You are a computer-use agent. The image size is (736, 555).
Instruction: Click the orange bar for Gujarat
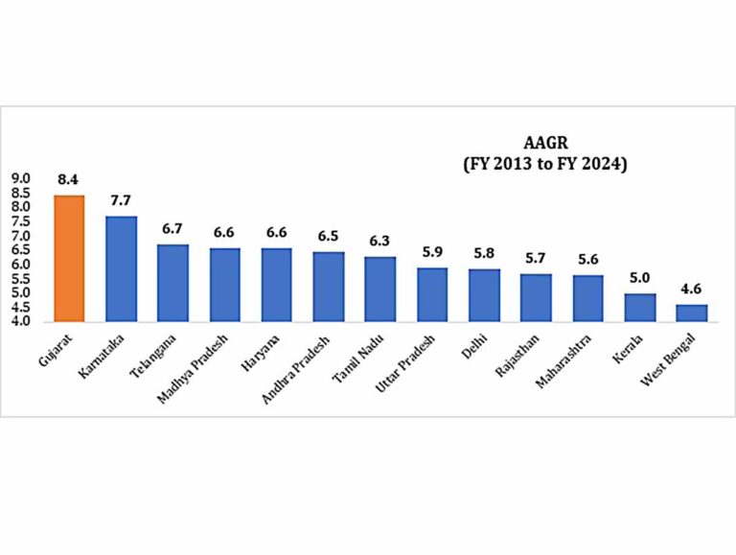coord(69,258)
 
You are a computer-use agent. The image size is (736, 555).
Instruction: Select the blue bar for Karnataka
coord(121,268)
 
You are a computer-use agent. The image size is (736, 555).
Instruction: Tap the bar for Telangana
coord(172,283)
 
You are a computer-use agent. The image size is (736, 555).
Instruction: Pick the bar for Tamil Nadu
coord(379,289)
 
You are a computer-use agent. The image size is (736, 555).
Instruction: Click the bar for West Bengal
coord(691,312)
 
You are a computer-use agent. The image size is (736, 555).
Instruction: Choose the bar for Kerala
coord(639,307)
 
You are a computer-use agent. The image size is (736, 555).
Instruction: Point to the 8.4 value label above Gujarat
coord(69,179)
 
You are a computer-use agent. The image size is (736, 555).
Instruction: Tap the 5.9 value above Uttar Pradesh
coord(432,252)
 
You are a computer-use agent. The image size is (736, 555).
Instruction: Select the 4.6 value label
coord(691,289)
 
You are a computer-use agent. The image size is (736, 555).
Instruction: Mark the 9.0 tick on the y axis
coord(21,178)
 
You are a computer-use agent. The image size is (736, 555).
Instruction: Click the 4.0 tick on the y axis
coord(21,321)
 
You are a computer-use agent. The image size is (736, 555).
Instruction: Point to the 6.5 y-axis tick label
coord(21,250)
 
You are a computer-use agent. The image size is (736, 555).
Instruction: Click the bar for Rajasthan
coord(536,297)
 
